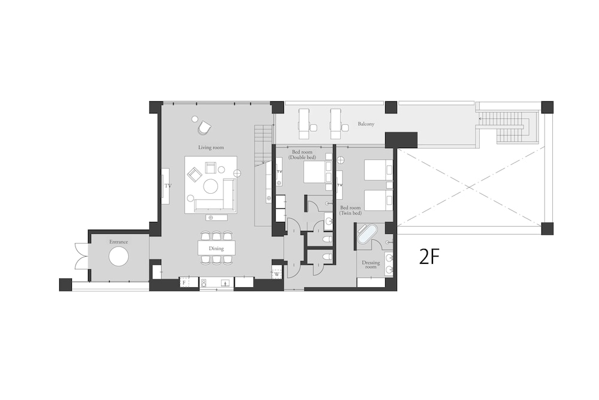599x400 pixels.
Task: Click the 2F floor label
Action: click(429, 257)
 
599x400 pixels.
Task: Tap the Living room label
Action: click(211, 148)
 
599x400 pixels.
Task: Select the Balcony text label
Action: click(366, 124)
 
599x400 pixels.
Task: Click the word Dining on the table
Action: click(216, 248)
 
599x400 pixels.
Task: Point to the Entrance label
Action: click(119, 242)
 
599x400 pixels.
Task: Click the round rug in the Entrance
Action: click(119, 256)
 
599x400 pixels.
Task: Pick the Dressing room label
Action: click(371, 264)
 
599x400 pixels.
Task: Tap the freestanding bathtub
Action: click(367, 234)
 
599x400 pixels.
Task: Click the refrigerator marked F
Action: click(184, 282)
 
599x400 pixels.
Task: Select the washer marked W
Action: click(277, 274)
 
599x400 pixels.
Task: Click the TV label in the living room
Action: click(168, 186)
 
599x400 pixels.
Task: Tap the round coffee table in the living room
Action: click(210, 187)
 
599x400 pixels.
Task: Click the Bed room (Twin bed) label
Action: click(350, 210)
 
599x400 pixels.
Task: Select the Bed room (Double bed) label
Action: click(302, 155)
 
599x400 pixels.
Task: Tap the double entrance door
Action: click(81, 256)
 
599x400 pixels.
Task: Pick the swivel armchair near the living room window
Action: click(205, 127)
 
